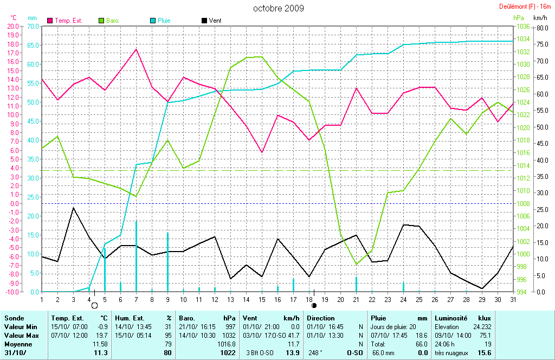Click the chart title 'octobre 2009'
point(279,8)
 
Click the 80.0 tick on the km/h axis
point(541,28)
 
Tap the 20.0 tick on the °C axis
point(12,26)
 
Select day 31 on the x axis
point(513,299)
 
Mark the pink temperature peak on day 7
point(136,49)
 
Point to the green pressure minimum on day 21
point(356,265)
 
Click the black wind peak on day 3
point(73,208)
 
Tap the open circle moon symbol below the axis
point(94,306)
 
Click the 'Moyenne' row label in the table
point(18,344)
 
